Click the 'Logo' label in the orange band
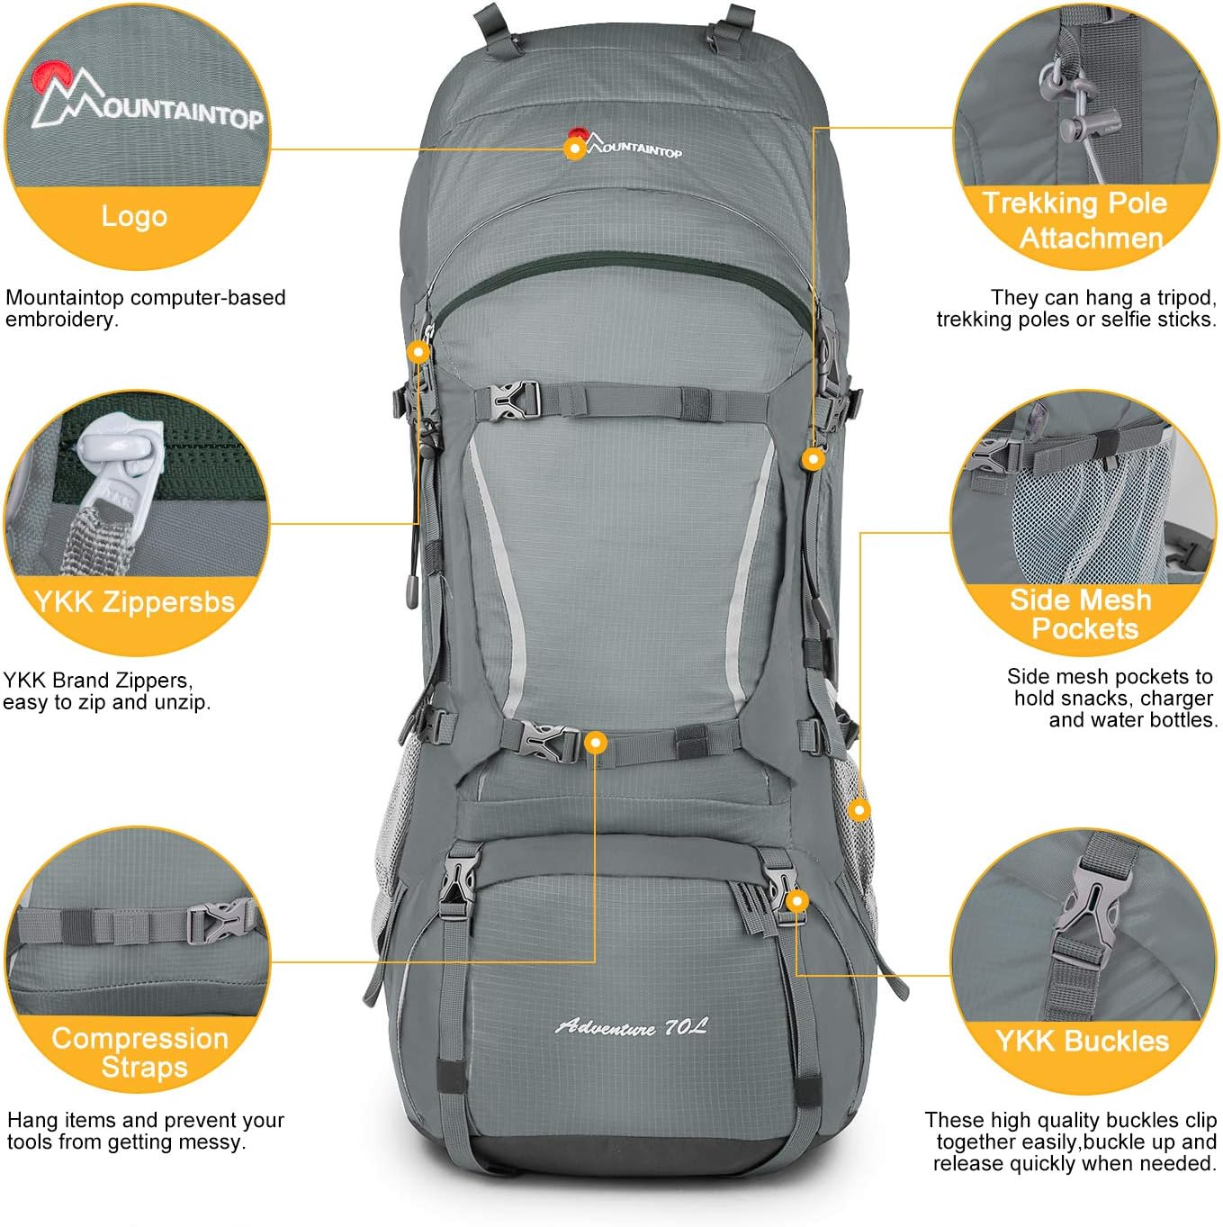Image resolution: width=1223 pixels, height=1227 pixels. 134,216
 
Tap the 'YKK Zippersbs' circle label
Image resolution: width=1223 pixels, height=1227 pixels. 134,601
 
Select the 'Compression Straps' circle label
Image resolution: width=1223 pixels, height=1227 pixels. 139,1052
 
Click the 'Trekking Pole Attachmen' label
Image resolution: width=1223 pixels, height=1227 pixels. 1075,220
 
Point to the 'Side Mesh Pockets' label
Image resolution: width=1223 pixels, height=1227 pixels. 1082,614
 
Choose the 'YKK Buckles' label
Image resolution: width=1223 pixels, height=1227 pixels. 1082,1042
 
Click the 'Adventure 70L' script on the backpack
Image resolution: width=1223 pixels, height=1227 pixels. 632,1026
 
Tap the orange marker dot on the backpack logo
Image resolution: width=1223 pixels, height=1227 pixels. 574,148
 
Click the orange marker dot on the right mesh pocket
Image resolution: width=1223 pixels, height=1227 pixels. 859,810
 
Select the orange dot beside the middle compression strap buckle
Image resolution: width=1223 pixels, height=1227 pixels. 595,743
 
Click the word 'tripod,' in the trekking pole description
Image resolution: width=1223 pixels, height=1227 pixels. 1178,298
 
